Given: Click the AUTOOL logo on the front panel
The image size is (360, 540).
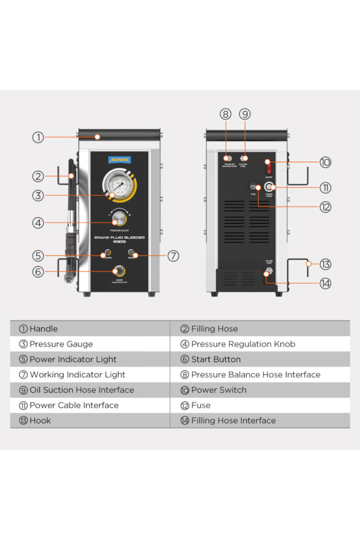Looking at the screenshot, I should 120,159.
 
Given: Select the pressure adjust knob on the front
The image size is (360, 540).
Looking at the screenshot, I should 119,219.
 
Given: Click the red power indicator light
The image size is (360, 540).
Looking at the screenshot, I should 108,252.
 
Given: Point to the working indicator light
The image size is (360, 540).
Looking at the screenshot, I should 131,252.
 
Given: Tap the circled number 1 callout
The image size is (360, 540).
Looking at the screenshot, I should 38,137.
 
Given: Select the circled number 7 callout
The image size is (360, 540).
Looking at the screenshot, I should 173,256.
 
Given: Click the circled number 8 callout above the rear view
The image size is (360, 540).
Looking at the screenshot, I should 225,114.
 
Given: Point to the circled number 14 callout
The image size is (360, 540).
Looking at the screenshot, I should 325,284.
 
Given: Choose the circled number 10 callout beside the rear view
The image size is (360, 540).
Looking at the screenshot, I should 325,162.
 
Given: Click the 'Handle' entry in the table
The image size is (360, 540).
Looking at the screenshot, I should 43,329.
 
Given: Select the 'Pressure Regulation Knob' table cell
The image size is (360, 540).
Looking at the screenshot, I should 243,344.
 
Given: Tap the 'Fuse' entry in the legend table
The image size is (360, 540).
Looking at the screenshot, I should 201,405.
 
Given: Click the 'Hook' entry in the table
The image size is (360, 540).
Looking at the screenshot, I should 40,420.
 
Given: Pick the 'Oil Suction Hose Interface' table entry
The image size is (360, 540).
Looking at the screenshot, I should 81,390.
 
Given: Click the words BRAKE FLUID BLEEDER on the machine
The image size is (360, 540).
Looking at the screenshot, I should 120,238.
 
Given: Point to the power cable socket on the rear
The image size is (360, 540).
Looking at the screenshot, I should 269,187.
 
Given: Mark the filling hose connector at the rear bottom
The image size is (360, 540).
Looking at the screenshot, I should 269,271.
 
